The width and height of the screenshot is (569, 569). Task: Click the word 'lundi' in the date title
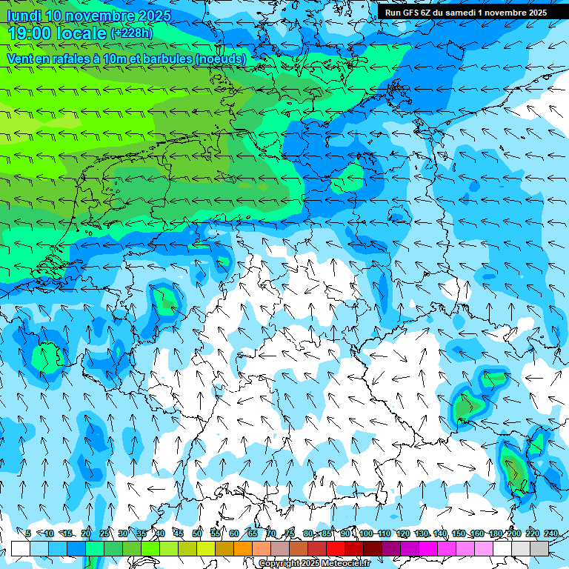[24, 16]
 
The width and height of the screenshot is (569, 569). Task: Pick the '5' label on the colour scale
[28, 533]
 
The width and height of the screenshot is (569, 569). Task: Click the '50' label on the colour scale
[197, 533]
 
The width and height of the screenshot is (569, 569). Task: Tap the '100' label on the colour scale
[365, 533]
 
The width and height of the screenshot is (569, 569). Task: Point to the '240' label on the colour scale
[551, 533]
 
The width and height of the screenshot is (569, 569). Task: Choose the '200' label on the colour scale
[514, 533]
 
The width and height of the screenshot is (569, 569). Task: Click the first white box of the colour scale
[20, 548]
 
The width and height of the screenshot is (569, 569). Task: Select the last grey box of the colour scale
[539, 548]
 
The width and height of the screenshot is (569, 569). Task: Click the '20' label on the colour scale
[86, 533]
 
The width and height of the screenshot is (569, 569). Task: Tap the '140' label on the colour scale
[440, 533]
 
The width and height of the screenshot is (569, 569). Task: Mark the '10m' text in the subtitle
[114, 59]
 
